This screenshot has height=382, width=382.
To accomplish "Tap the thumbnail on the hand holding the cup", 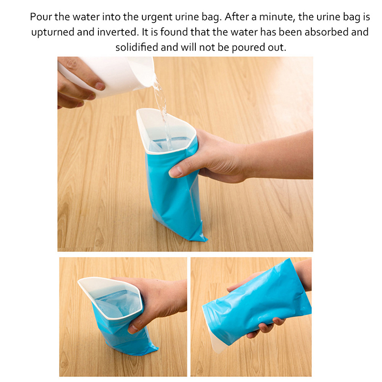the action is tap(100, 86).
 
